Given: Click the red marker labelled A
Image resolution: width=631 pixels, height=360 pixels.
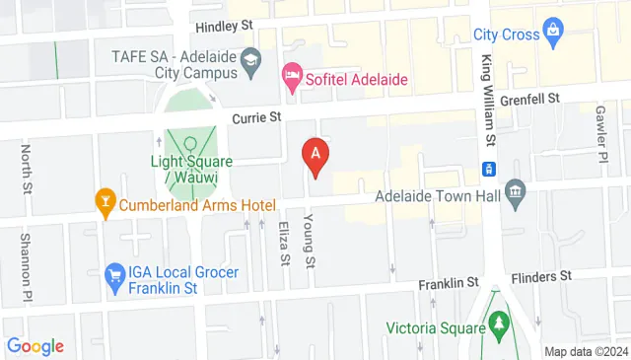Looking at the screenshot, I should click(315, 155).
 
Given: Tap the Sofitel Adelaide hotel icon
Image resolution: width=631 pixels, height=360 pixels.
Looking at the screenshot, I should click(292, 74).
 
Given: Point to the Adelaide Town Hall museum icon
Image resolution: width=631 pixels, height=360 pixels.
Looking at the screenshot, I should click(515, 192).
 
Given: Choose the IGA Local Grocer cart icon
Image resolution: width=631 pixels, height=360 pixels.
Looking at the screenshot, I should click(115, 273).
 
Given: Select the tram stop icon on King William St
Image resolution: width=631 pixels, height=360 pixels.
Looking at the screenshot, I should click(488, 168).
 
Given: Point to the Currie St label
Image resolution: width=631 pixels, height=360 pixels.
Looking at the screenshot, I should click(256, 117).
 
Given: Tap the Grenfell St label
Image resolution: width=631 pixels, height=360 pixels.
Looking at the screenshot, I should click(530, 99).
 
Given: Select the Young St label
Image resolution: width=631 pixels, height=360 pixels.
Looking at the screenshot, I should click(310, 241).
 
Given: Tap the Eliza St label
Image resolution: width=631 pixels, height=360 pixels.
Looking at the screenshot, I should click(283, 243).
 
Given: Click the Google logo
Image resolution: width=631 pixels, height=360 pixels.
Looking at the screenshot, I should click(35, 346).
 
